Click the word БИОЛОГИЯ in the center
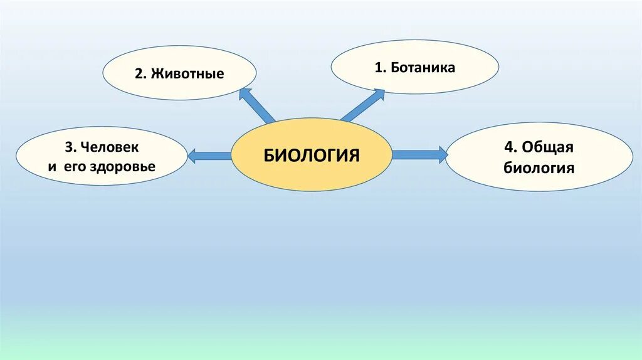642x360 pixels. click(x=312, y=155)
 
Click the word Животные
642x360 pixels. click(x=186, y=73)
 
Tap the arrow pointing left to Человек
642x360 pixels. click(x=209, y=156)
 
